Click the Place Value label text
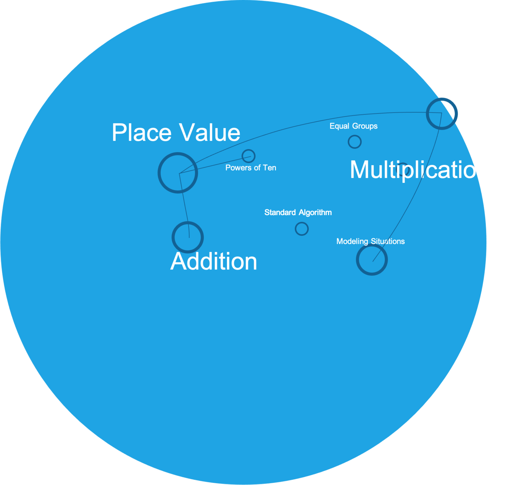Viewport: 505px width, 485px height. point(176,133)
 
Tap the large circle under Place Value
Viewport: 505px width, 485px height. point(178,173)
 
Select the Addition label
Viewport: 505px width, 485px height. point(214,261)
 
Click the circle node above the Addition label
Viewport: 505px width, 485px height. point(187,237)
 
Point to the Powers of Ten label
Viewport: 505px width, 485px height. point(251,168)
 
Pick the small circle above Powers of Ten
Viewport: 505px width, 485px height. point(248,156)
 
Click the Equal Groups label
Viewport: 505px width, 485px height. point(353,126)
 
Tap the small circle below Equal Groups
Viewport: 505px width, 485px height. point(355,142)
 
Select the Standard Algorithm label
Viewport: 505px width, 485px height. point(298,212)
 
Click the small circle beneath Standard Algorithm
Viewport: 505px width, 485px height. point(302,228)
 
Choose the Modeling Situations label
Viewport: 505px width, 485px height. point(370,241)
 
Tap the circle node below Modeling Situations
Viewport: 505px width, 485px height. point(372,259)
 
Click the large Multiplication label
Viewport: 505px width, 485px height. point(419,170)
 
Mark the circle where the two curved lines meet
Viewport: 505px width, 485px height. point(442,113)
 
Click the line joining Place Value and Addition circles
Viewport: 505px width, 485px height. point(184,205)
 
